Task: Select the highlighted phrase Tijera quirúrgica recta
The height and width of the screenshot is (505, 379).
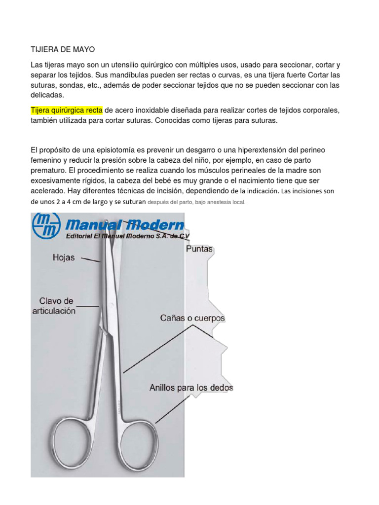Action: pos(66,109)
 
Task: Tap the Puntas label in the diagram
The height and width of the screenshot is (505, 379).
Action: pos(199,249)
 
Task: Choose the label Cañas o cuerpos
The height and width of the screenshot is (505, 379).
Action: pos(192,319)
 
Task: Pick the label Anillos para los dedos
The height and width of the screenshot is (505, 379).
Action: pos(191,388)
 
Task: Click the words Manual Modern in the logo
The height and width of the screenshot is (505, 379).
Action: pos(125,226)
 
